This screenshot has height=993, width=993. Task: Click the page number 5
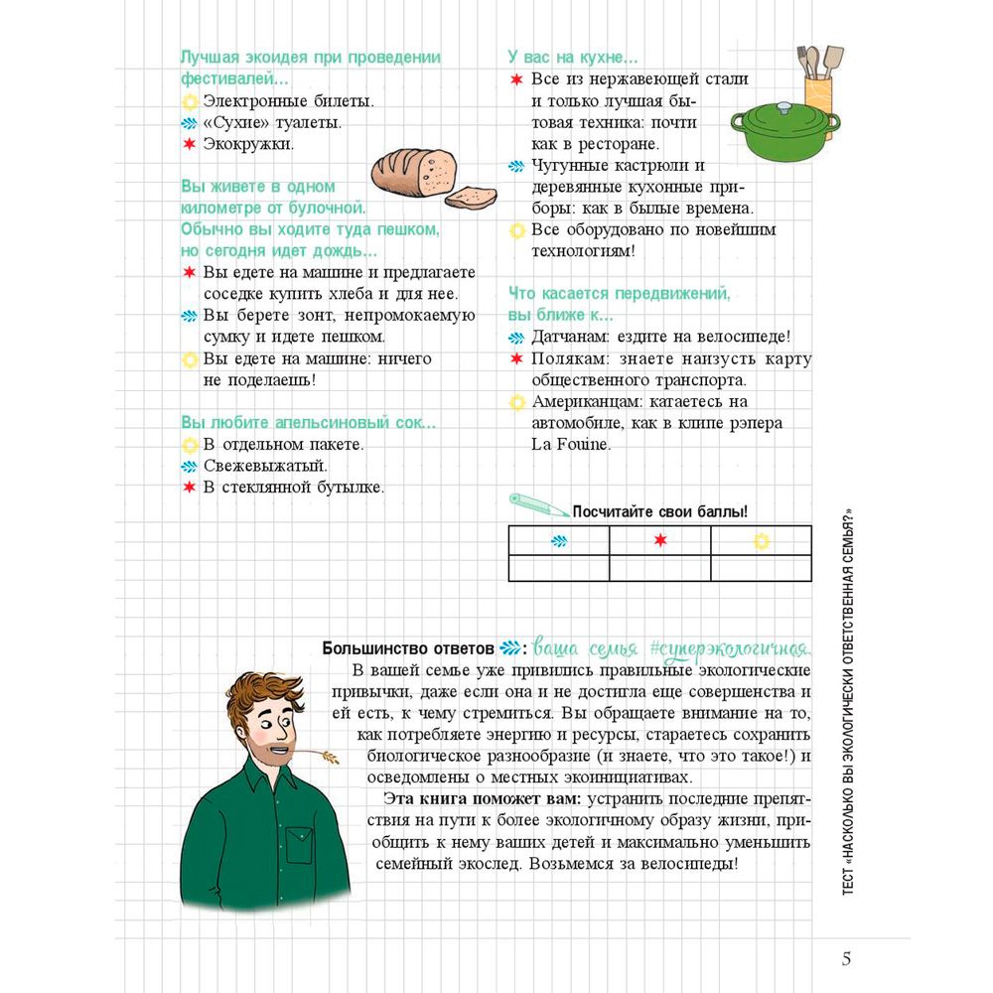tap(846, 958)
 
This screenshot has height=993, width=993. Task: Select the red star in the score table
tap(660, 540)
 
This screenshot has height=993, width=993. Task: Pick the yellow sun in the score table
tap(761, 540)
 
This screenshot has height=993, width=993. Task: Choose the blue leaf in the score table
tap(559, 540)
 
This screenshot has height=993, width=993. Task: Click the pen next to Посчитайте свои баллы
tap(536, 502)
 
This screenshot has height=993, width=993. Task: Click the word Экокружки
tap(248, 145)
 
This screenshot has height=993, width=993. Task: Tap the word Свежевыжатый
tap(265, 466)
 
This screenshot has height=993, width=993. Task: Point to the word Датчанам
tap(570, 338)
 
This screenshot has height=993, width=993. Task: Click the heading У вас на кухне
tap(573, 58)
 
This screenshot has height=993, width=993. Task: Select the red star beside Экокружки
tap(189, 145)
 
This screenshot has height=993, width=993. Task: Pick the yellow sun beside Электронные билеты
tap(189, 101)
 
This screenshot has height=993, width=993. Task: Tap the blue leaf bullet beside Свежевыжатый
tap(189, 466)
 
